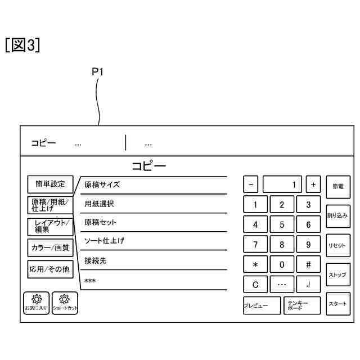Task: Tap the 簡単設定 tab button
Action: tap(50, 184)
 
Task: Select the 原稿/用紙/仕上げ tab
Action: tap(50, 205)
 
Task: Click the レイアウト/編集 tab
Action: tap(50, 226)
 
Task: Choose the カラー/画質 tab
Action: tap(50, 247)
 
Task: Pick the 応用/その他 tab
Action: tap(50, 269)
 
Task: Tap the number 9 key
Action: tap(308, 245)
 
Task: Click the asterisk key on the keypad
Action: tap(255, 264)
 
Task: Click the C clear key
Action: tap(255, 285)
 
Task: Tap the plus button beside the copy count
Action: tap(313, 184)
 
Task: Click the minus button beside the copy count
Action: tap(251, 184)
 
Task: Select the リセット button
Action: tap(337, 245)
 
